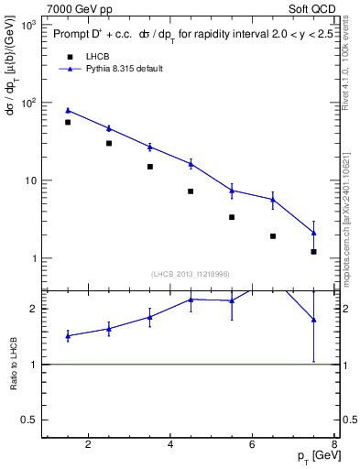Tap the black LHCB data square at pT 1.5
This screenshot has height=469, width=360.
coord(68,122)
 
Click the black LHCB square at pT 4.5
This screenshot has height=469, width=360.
coord(191,191)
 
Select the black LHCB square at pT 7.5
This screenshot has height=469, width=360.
coord(313,252)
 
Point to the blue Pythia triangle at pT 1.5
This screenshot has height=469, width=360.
coord(68,110)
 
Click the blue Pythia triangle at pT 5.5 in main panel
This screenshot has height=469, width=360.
coord(232,191)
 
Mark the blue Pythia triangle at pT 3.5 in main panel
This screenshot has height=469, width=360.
coord(149,147)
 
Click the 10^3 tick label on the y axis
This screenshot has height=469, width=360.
coord(27,25)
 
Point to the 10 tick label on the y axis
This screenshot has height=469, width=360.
coord(29,180)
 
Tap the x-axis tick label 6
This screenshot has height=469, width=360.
coord(253,446)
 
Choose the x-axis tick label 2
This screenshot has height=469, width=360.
coord(88,446)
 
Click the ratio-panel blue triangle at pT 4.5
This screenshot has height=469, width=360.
coord(191,300)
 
